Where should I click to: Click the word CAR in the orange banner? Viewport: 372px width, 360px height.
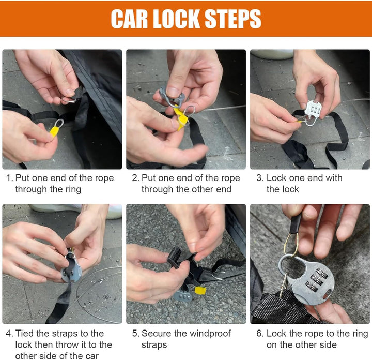point(129,19)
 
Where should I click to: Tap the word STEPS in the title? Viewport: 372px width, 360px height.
point(233,19)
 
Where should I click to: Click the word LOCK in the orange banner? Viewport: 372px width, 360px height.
point(176,19)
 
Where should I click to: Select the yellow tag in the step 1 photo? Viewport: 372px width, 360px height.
point(55,131)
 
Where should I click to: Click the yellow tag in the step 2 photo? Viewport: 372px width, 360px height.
point(180,118)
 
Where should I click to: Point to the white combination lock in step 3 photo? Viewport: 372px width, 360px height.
point(313,112)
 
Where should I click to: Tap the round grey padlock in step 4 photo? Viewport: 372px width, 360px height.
point(71,268)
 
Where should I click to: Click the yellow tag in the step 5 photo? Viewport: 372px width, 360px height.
point(200,290)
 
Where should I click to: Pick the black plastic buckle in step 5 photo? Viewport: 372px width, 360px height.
point(180,258)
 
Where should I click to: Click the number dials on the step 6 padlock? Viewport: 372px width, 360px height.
point(317,280)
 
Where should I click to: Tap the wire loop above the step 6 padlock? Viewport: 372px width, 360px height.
point(291,245)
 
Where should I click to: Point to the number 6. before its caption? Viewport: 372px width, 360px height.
point(260,334)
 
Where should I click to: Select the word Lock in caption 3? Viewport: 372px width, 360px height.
point(276,178)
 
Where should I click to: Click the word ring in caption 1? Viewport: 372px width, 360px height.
point(71,190)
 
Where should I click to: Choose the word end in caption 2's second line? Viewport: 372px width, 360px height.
point(224,189)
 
